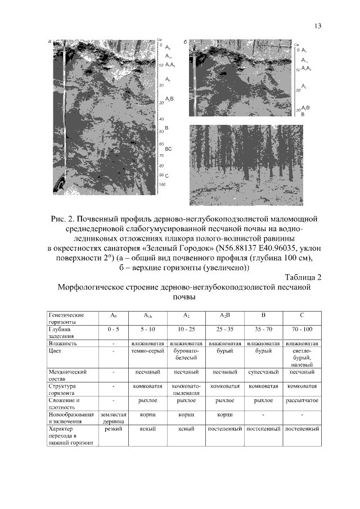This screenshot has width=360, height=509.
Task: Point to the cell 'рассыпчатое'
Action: coord(302,400)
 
